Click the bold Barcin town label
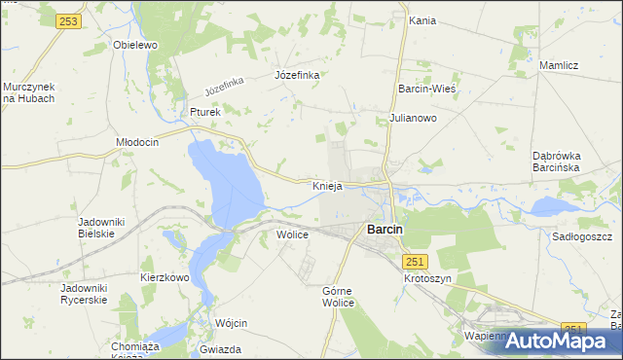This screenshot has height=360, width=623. click(385, 230)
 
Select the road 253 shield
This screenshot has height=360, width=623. click(67, 21)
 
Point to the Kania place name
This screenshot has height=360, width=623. click(422, 20)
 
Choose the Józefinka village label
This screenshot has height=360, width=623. click(297, 75)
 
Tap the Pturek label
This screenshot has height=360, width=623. click(206, 112)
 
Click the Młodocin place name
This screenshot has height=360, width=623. click(137, 141)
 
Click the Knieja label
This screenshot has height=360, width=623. click(327, 185)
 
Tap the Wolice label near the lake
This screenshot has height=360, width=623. click(292, 234)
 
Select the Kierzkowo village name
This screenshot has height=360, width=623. click(165, 277)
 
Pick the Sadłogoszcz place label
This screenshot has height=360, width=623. click(581, 236)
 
